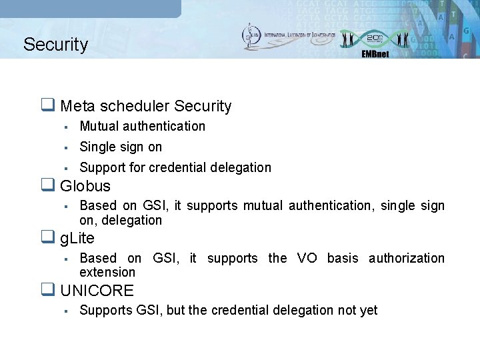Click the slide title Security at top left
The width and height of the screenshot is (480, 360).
point(55,45)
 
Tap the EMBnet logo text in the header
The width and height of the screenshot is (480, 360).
point(375,54)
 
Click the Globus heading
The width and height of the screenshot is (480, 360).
point(85,186)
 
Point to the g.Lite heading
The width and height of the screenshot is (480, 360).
point(77,238)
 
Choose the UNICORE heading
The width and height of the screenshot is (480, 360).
point(97,291)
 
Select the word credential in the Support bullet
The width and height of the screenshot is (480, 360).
point(178,167)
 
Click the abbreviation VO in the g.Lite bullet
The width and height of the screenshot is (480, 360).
point(307,258)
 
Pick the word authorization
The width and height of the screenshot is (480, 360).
point(406,258)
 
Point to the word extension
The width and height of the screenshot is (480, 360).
point(107,272)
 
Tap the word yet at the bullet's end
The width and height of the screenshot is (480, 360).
point(368,310)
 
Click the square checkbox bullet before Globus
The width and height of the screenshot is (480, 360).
point(48,185)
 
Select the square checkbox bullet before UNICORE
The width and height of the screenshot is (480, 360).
point(48,290)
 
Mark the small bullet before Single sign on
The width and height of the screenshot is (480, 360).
point(67,147)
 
